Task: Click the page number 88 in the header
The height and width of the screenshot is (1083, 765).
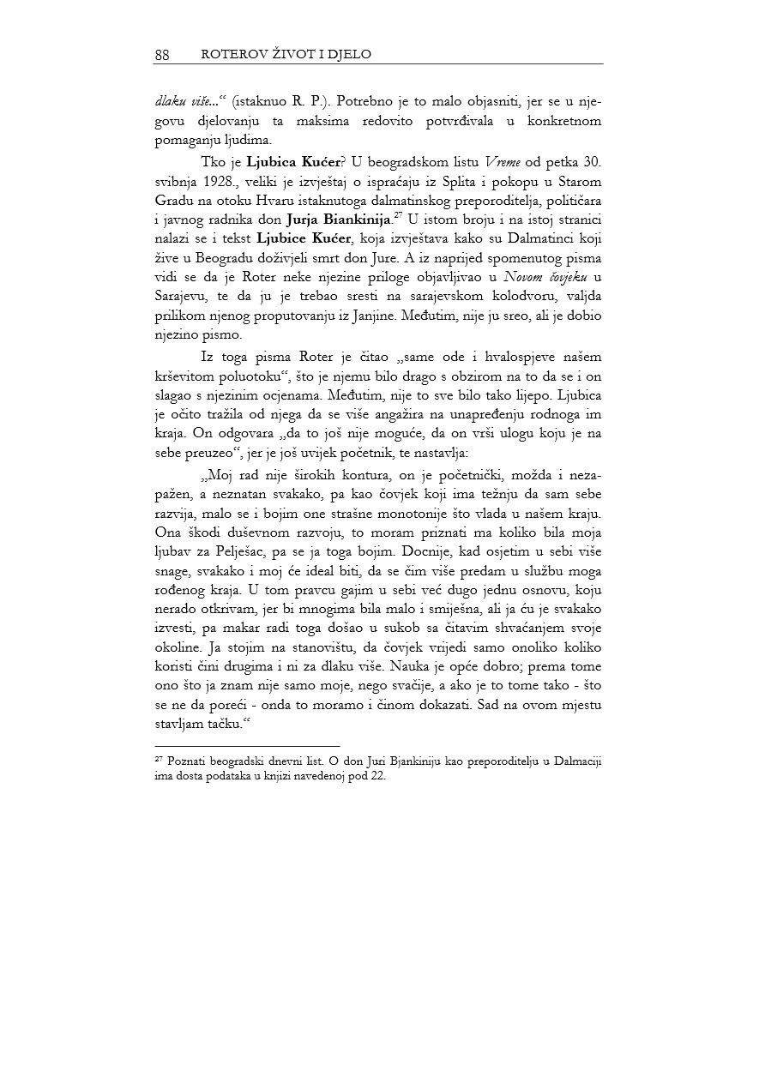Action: point(162,55)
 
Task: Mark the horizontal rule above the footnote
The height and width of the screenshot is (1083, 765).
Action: point(247,746)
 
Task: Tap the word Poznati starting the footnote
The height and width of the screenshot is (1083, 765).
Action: point(184,761)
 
